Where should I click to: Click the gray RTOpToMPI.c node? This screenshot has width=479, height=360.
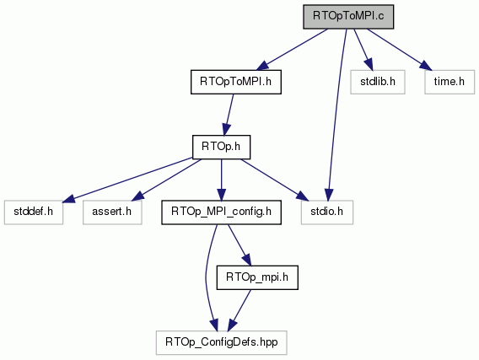(x=348, y=17)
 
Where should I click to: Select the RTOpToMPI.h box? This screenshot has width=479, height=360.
(x=236, y=82)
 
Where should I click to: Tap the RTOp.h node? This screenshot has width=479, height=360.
(x=221, y=148)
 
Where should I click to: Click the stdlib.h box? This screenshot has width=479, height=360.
(x=378, y=82)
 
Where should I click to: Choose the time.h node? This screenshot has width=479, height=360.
(x=449, y=82)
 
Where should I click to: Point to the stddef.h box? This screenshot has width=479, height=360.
(x=34, y=212)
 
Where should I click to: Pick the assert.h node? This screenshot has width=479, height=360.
(x=112, y=212)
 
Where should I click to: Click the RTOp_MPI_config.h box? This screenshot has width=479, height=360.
(x=221, y=212)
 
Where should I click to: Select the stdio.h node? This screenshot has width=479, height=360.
(x=327, y=212)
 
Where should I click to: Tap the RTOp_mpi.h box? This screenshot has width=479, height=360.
(x=257, y=277)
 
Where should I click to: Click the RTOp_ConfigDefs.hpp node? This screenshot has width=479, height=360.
(x=222, y=342)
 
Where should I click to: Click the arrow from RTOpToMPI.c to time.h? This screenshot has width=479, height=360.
(x=400, y=50)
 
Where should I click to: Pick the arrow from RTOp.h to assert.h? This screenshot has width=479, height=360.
(x=167, y=180)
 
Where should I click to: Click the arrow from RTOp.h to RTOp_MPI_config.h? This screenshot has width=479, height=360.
(x=221, y=180)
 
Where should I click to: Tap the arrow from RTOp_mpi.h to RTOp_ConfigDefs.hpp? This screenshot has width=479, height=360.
(x=239, y=310)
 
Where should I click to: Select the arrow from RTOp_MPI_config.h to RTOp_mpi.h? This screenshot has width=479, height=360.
(x=239, y=245)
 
